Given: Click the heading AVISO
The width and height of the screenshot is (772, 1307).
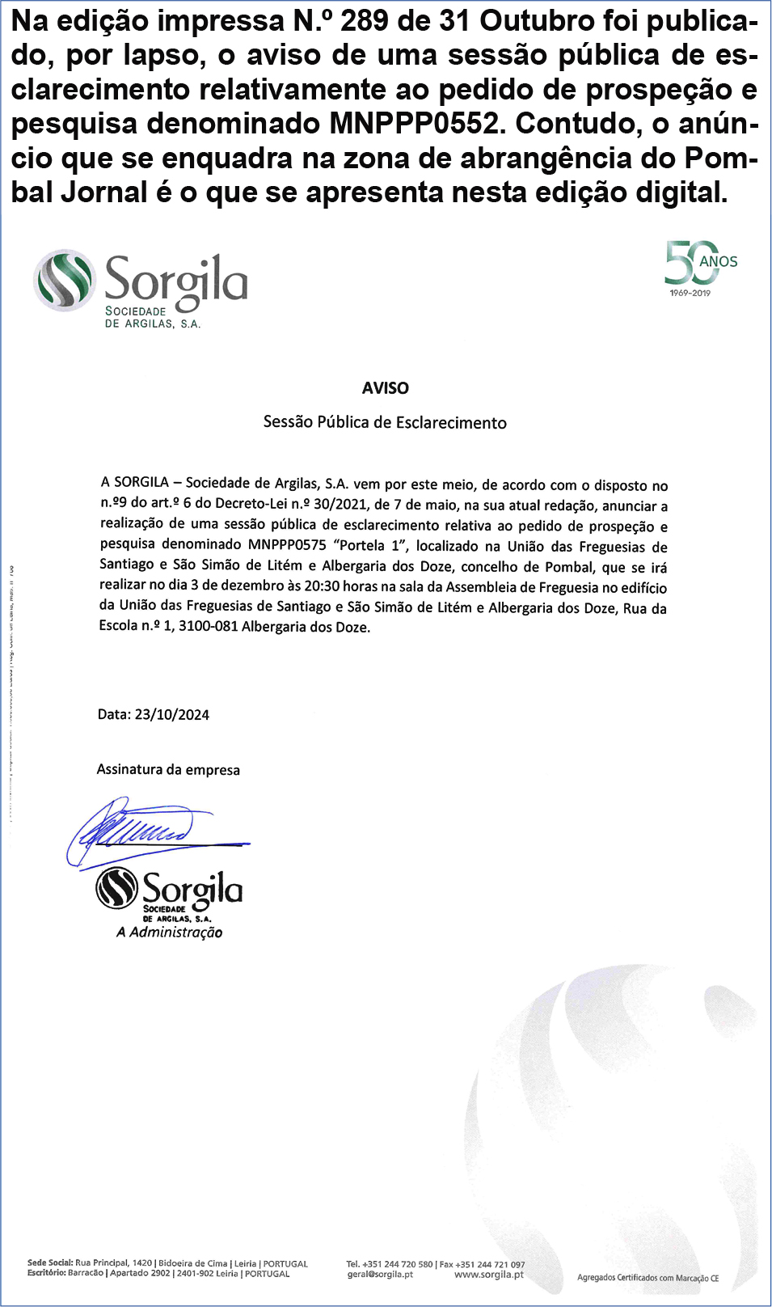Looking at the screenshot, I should pos(386,388).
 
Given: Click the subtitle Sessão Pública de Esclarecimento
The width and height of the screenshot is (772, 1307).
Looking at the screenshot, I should pos(385,422).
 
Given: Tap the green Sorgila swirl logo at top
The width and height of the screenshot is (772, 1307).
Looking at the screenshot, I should pos(65,280).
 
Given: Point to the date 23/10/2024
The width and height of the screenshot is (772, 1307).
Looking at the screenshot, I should pos(171,715).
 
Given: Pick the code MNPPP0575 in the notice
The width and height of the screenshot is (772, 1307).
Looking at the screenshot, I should pos(287,545).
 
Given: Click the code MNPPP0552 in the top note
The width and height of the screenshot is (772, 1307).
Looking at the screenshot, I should pos(414,124).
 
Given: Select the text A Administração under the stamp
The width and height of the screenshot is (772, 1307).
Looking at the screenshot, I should pos(169,933).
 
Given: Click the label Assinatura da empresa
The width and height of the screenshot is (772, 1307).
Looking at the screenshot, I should pos(168,769).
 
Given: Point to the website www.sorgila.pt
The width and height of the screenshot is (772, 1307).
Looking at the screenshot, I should pos(489,1275).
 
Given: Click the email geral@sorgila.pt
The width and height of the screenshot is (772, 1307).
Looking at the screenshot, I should pos(380,1275).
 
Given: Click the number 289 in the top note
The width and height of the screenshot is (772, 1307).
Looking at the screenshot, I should pos(364,22).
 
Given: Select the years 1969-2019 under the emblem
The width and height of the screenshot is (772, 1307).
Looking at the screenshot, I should pos(690,293).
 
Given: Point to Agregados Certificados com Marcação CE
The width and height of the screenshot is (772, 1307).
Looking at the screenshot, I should pos(648,1278).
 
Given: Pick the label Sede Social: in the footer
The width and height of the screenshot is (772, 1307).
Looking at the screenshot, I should pos(49,1263).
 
